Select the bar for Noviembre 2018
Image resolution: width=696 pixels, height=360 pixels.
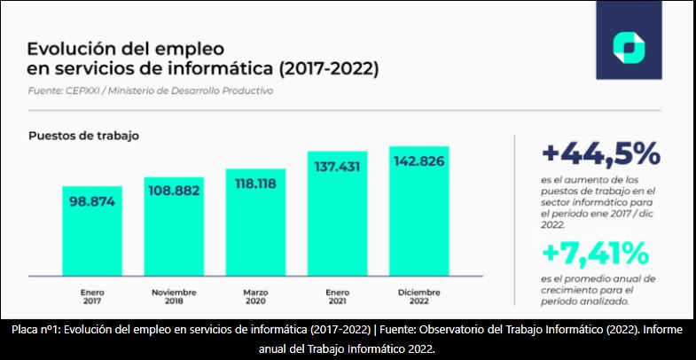174,239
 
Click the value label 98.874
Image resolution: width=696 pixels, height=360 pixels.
92,200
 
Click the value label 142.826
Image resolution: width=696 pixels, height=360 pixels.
418,160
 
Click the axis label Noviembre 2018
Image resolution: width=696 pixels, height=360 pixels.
174,295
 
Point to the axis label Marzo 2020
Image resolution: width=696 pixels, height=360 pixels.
255,295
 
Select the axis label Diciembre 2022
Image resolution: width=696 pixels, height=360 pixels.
418,295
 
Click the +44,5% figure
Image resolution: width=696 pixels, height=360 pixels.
600,154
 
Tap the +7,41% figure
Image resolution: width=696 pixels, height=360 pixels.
595,254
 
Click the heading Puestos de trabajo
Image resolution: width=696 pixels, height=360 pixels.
83,136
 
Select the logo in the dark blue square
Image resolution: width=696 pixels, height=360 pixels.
628,47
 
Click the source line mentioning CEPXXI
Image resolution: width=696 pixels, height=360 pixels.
151,90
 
